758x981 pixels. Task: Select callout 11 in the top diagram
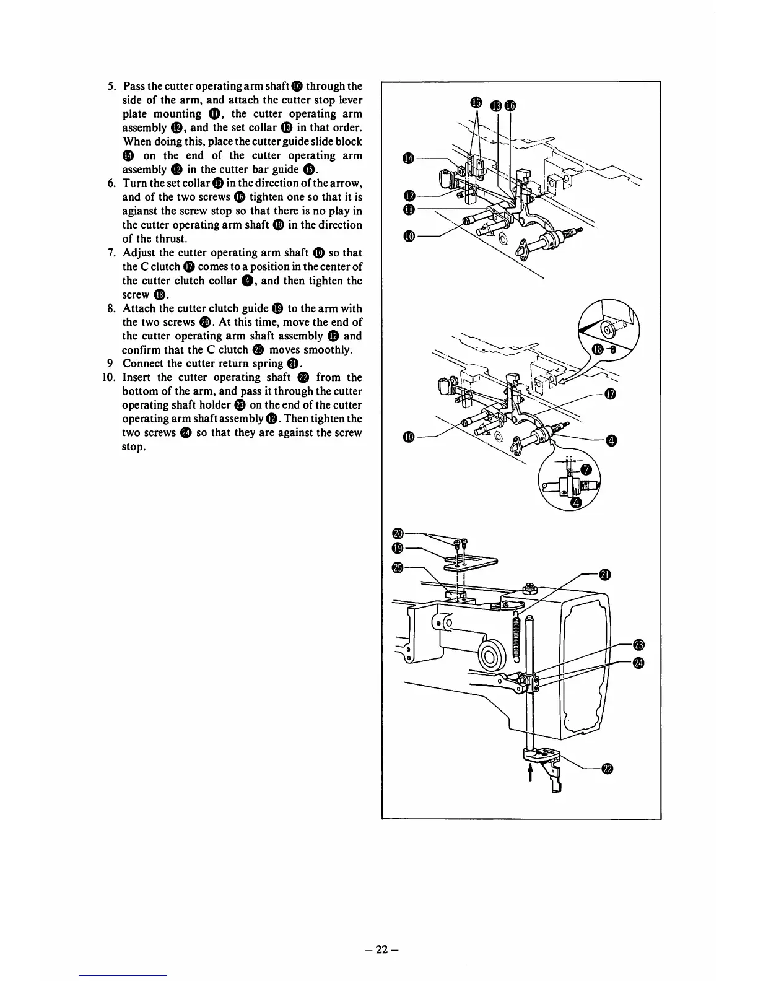(x=407, y=210)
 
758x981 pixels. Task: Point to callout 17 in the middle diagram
(x=610, y=394)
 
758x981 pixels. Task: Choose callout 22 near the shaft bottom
(x=607, y=769)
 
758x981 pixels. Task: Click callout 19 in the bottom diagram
(x=398, y=547)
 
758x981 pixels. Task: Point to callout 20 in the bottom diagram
(x=398, y=533)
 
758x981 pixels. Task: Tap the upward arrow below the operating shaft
(x=530, y=771)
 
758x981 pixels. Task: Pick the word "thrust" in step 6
(x=167, y=238)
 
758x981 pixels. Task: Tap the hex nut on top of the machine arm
(x=531, y=585)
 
